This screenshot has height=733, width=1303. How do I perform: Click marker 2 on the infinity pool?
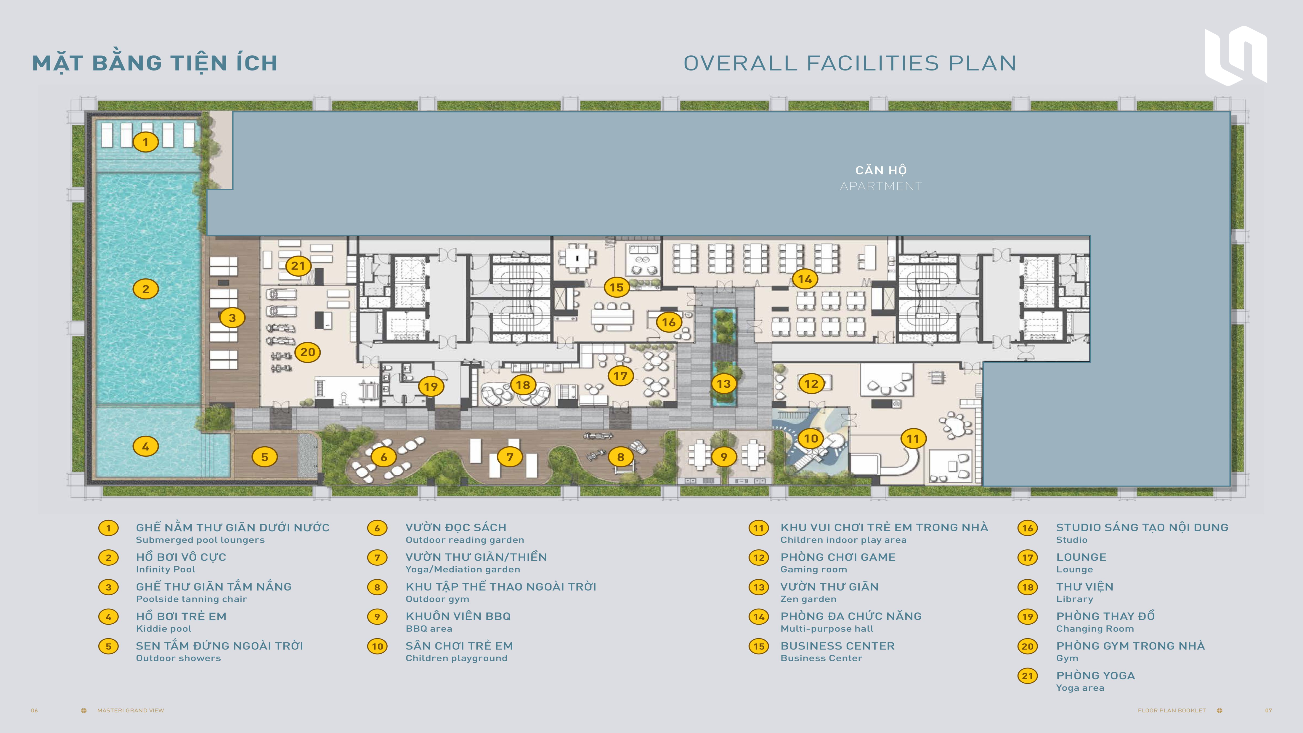pyautogui.click(x=146, y=289)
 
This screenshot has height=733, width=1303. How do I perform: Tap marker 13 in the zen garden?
pyautogui.click(x=724, y=384)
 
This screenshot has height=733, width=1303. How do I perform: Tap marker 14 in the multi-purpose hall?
pyautogui.click(x=805, y=279)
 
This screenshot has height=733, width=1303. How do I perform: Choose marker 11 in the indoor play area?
pyautogui.click(x=913, y=439)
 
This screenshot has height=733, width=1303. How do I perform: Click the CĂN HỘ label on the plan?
pyautogui.click(x=881, y=170)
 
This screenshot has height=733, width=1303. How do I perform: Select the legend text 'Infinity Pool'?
pyautogui.click(x=166, y=569)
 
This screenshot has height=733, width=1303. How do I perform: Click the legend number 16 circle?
pyautogui.click(x=1027, y=528)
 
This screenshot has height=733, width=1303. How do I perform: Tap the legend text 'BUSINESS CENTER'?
pyautogui.click(x=838, y=646)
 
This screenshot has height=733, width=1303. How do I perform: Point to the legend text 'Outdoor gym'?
pyautogui.click(x=437, y=599)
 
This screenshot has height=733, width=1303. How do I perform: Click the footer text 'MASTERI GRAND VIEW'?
pyautogui.click(x=131, y=710)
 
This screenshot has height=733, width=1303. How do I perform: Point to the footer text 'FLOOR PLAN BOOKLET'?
pyautogui.click(x=1172, y=710)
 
